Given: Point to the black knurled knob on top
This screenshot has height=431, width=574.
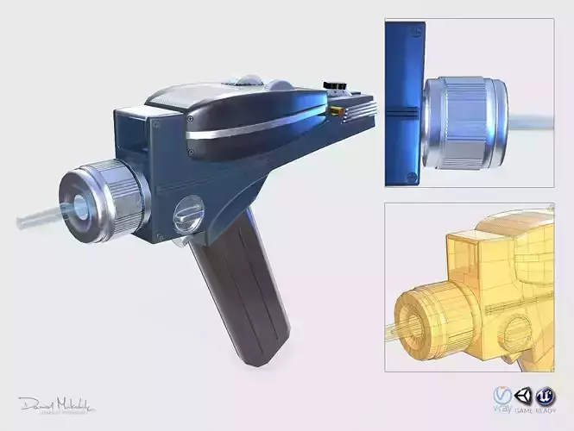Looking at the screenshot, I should [x=333, y=86].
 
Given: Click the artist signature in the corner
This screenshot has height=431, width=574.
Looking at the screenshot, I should [x=57, y=405].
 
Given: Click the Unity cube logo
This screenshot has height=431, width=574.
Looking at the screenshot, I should [x=523, y=396].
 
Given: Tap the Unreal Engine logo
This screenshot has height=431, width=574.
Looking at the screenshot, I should [x=545, y=396].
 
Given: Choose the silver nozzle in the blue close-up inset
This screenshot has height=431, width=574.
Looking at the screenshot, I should [x=467, y=121].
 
